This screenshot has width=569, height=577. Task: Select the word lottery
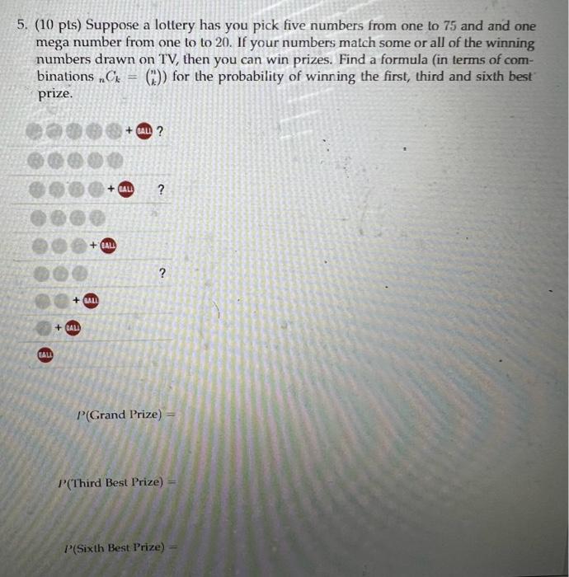(175, 26)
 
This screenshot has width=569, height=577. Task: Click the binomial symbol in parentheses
(153, 77)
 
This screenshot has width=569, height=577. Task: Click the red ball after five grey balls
(143, 131)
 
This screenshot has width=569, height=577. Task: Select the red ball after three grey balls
(109, 245)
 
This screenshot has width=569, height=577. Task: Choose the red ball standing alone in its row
(45, 354)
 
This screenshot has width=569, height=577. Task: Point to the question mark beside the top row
(159, 131)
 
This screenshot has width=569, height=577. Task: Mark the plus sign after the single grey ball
(57, 327)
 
